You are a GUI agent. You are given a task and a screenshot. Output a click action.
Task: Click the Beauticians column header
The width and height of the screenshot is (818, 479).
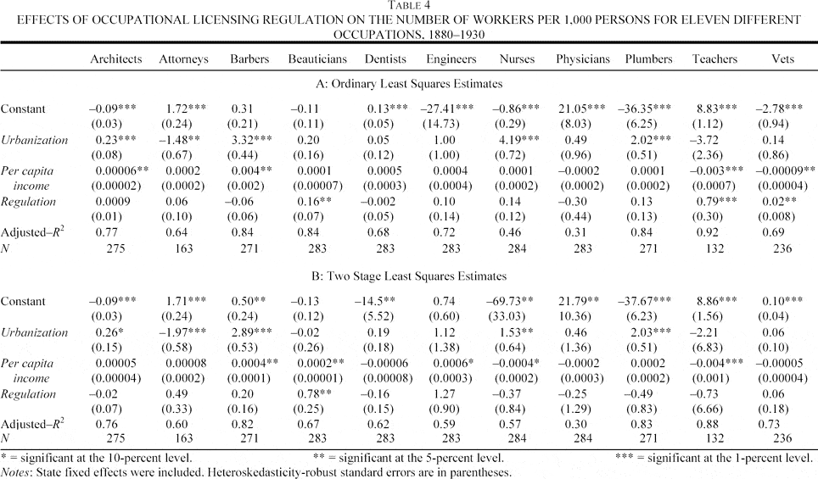(317, 58)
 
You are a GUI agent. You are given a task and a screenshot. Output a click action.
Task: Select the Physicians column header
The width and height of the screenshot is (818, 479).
(583, 59)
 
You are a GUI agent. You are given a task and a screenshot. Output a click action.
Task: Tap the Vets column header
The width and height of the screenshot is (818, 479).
(782, 58)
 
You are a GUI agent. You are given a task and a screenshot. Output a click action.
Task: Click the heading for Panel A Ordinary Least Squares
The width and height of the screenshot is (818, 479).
(410, 84)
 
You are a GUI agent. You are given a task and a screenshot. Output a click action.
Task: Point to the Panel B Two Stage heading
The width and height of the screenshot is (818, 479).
(410, 276)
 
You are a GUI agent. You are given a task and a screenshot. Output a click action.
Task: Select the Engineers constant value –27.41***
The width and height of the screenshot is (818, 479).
(447, 109)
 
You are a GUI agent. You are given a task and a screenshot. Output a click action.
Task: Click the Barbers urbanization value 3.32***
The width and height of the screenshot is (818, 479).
(251, 140)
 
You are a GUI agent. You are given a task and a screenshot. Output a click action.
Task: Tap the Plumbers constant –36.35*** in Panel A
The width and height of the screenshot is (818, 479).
(644, 109)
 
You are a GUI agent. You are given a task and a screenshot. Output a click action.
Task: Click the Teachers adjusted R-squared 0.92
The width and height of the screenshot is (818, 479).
(707, 232)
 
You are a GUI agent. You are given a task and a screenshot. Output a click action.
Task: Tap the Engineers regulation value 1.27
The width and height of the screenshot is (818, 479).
(444, 393)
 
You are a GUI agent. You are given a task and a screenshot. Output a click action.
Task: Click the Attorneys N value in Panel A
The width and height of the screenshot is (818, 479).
(183, 248)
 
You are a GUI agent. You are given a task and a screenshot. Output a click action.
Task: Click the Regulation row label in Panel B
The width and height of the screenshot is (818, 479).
(28, 394)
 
